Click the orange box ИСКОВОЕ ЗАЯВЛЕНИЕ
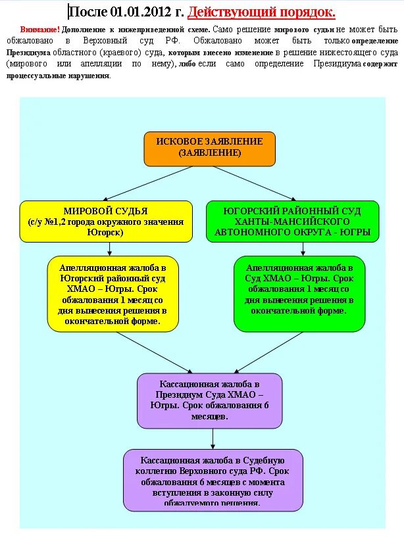[209, 149]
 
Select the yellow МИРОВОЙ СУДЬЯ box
[106, 222]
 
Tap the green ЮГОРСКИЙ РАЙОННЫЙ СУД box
[292, 222]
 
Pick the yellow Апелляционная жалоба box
[113, 294]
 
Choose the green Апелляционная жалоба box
[299, 294]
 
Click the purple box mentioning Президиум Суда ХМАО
[209, 400]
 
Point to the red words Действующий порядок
[261, 12]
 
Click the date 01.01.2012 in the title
[138, 12]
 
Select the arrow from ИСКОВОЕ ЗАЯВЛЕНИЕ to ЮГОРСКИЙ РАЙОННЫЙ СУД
[253, 182]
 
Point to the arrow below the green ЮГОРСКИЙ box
[303, 249]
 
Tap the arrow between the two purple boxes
[213, 438]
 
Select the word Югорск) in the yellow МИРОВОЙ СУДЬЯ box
[106, 233]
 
